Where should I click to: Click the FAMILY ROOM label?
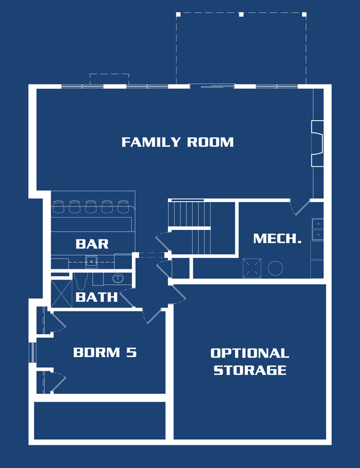(x=178, y=142)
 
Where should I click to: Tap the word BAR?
(x=92, y=244)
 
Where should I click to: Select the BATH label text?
(x=96, y=297)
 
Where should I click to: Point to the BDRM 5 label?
(x=105, y=352)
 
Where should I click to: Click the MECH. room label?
(x=277, y=238)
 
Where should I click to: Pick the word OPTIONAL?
(x=250, y=353)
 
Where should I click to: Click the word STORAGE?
(x=250, y=370)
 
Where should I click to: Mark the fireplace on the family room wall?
(x=317, y=143)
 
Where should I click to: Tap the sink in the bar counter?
(x=91, y=262)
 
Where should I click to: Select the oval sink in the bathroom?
(x=118, y=278)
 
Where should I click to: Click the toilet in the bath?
(x=80, y=281)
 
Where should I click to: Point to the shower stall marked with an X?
(x=61, y=293)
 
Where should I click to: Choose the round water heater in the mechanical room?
(x=275, y=268)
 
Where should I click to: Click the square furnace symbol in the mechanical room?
(x=252, y=268)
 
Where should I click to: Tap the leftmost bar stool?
(x=58, y=206)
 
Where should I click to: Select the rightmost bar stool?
(x=122, y=206)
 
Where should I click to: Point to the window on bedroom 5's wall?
(x=32, y=352)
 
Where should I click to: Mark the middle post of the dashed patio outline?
(x=241, y=14)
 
